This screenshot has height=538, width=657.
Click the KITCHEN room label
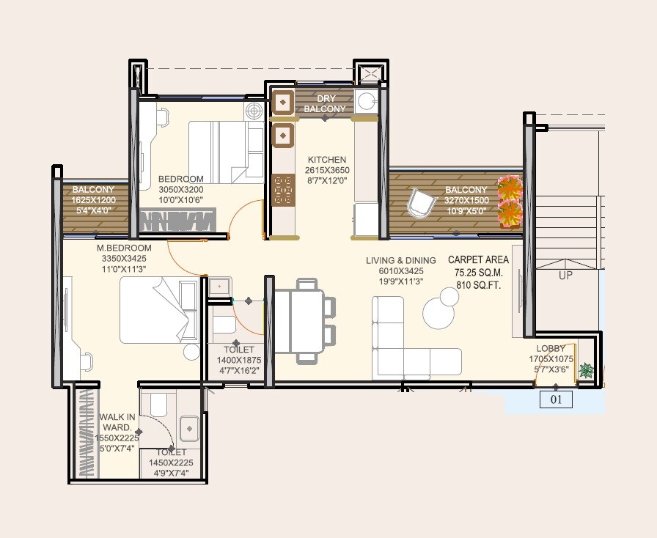tap(326, 160)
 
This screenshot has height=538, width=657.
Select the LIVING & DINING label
tap(401, 260)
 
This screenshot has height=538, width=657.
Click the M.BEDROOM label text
tap(124, 248)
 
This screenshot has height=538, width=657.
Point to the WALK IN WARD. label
tap(117, 422)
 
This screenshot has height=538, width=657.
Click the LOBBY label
tap(550, 349)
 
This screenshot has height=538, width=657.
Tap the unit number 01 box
tap(555, 400)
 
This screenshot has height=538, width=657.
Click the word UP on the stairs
tap(566, 276)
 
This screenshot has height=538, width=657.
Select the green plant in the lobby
tap(586, 371)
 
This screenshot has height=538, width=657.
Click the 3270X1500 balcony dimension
tap(466, 201)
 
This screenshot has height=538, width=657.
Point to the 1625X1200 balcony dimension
tap(93, 199)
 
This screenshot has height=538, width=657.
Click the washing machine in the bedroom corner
tap(254, 111)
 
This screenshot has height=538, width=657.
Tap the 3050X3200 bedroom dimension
tap(180, 190)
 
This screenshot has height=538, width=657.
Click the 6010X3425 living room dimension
tap(401, 271)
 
